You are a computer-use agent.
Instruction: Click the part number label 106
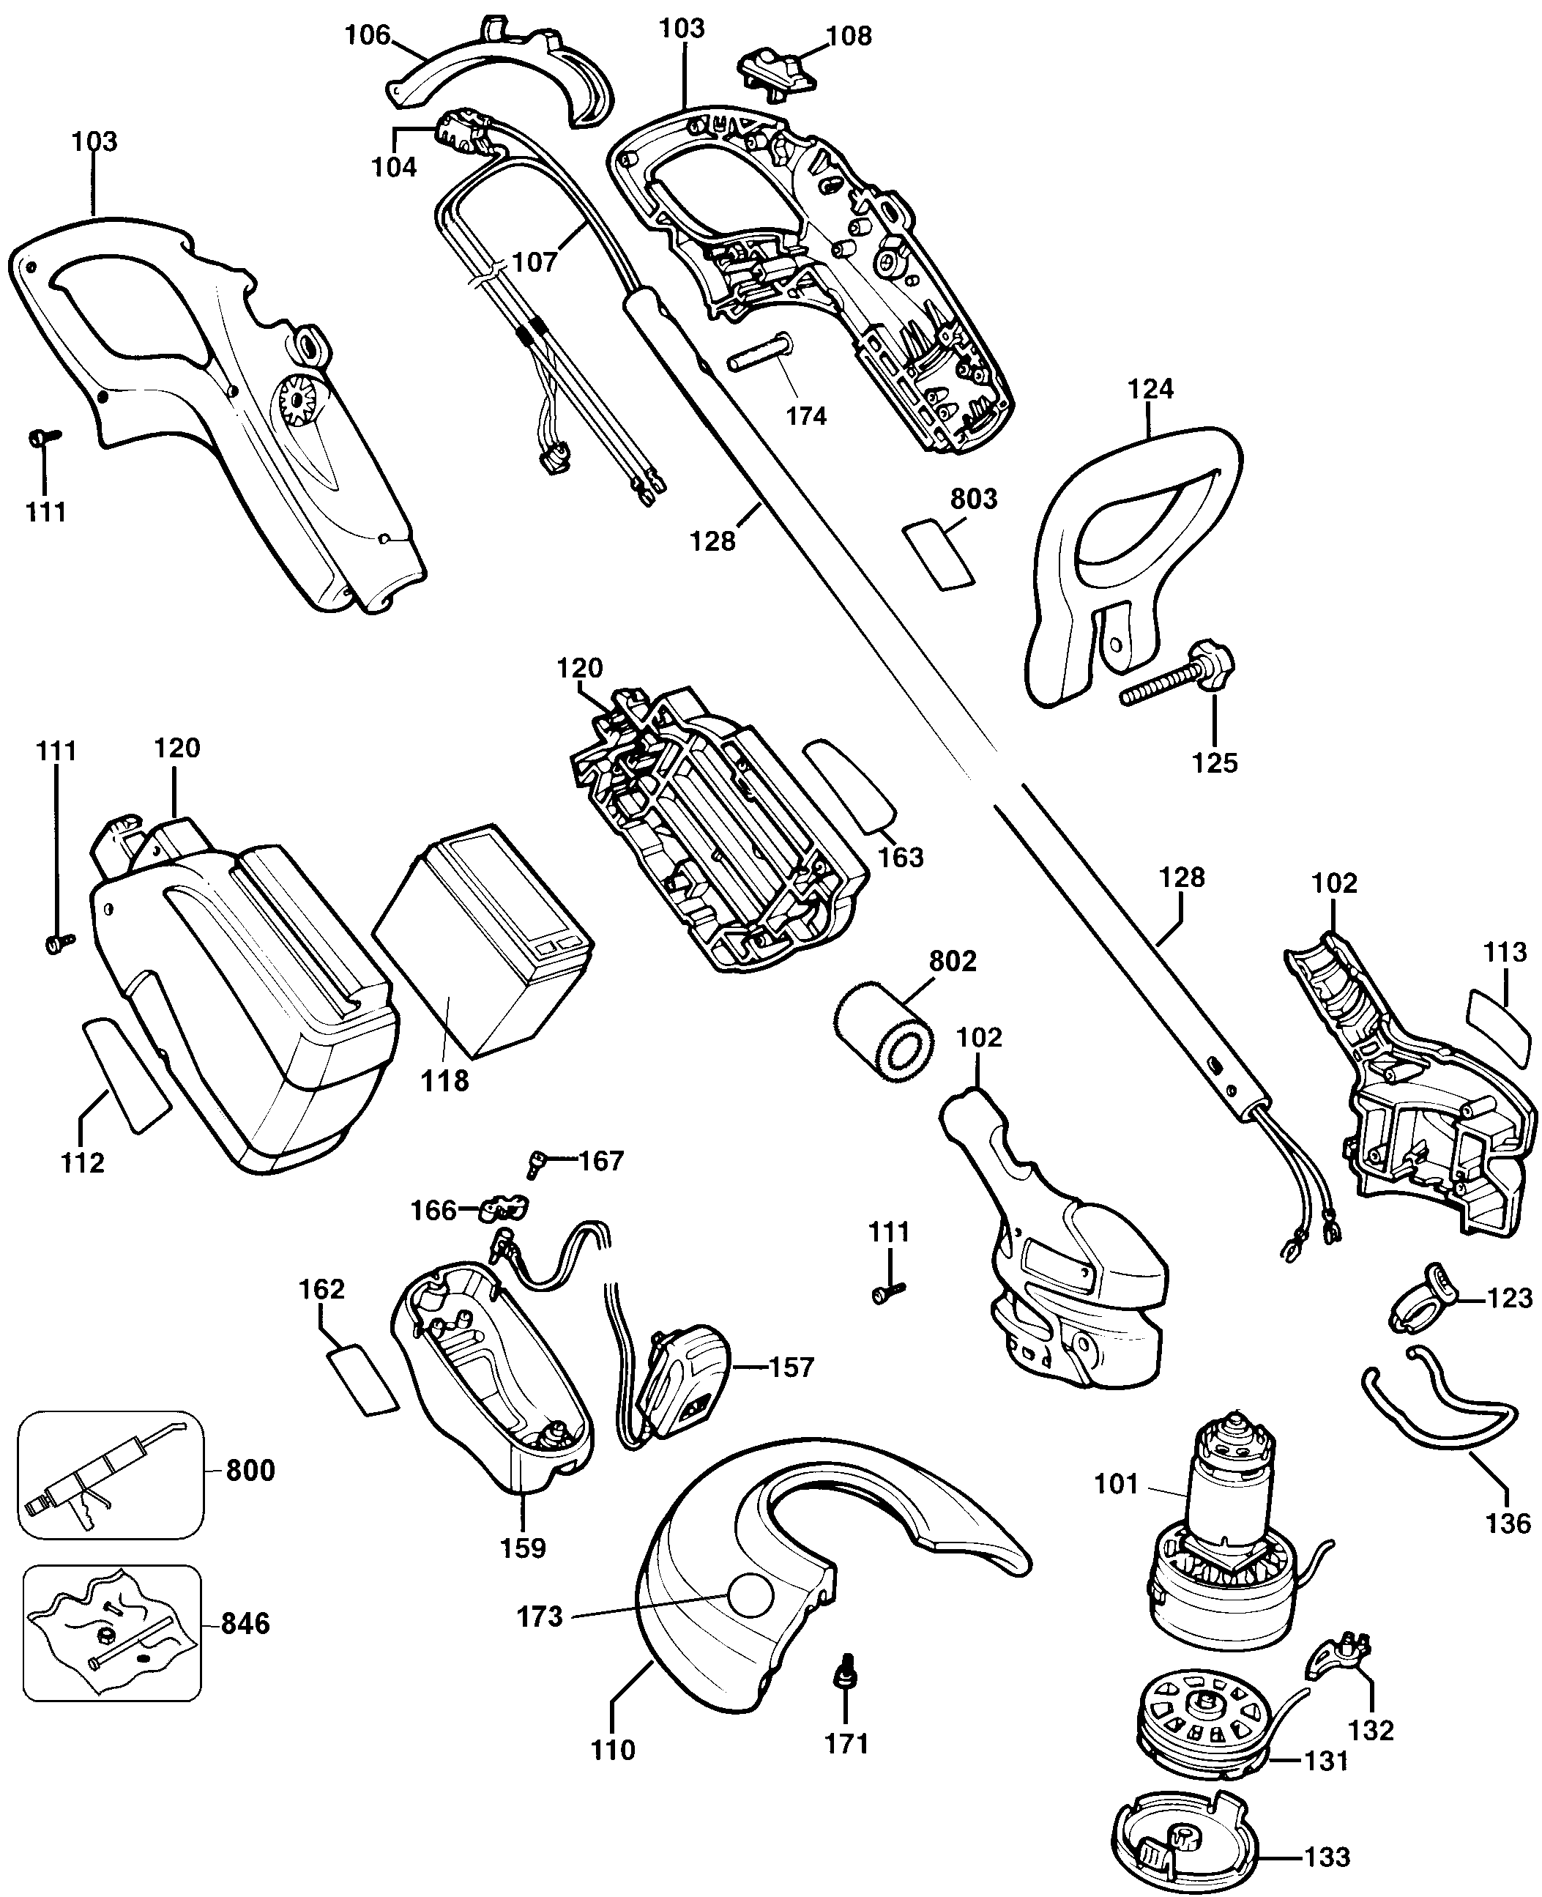[367, 36]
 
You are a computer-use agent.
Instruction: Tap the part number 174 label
[805, 416]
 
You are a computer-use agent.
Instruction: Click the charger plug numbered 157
[686, 1392]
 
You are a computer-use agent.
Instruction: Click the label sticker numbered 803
[938, 553]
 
